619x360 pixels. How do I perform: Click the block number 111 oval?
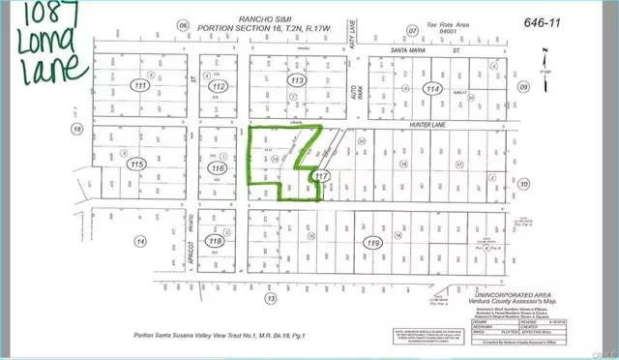click(117, 87)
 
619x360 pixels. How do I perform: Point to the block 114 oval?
click(432, 87)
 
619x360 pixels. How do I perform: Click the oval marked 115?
click(113, 165)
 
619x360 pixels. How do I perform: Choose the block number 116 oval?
click(217, 168)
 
